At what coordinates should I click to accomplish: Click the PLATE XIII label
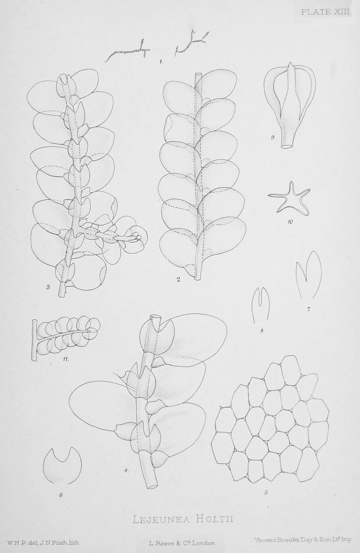point(325,12)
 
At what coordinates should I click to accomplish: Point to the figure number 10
point(290,222)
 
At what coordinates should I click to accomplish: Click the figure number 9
point(273,138)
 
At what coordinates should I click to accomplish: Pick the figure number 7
point(308,309)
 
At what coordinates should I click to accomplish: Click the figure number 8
point(262,330)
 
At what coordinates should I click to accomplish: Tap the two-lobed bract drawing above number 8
point(260,305)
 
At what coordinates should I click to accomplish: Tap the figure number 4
point(126,471)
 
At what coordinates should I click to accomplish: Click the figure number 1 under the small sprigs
point(161,62)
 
